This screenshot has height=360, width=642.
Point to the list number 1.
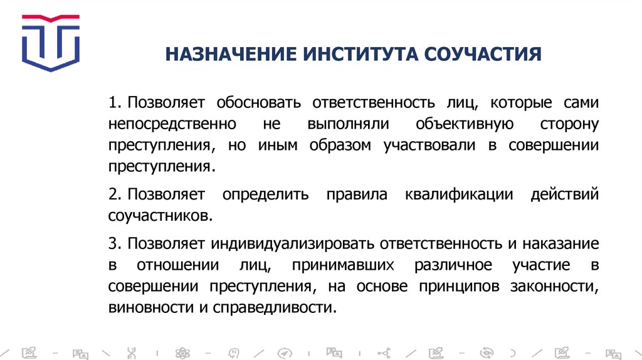pos(112,102)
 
